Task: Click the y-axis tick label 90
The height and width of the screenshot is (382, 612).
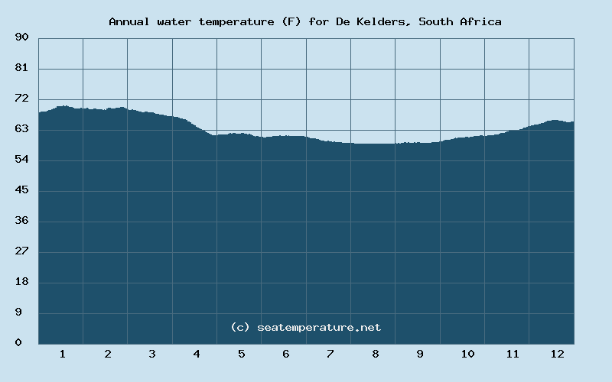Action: [x=21, y=37]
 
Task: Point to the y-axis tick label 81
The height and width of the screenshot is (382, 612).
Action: [x=21, y=68]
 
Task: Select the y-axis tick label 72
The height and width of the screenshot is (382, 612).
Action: [x=21, y=99]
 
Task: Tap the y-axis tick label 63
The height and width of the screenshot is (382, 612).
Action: [x=21, y=129]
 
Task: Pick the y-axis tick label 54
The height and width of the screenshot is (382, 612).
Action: [x=21, y=160]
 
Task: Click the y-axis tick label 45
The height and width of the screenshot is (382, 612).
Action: [x=21, y=190]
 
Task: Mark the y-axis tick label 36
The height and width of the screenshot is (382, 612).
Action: [x=21, y=221]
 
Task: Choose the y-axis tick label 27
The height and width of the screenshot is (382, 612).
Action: [x=21, y=251]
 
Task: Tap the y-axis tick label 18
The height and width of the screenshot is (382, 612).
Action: [x=21, y=282]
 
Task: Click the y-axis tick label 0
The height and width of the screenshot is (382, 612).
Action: [x=18, y=343]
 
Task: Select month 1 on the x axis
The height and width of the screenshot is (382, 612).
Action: [x=62, y=354]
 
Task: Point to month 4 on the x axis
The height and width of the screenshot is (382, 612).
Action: [x=197, y=354]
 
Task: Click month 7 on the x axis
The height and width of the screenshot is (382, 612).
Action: [x=330, y=354]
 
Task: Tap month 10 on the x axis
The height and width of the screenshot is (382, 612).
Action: [x=467, y=354]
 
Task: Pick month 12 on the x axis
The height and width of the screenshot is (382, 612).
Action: [x=557, y=354]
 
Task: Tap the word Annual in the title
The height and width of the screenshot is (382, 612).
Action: [x=128, y=21]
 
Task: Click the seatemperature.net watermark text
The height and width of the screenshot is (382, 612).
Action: [x=318, y=327]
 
